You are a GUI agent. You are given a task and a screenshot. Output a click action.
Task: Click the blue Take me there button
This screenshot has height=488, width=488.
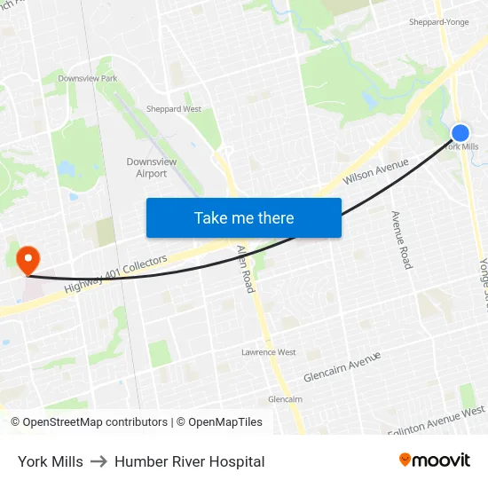(243, 217)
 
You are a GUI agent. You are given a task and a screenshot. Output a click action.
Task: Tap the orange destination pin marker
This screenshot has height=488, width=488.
(28, 258)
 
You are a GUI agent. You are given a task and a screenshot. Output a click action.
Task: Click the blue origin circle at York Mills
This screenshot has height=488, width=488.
(460, 133)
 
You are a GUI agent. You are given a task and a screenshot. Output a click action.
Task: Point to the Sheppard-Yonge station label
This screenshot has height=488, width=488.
(437, 21)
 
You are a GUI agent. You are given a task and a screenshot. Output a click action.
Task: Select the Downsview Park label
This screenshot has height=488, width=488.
(87, 78)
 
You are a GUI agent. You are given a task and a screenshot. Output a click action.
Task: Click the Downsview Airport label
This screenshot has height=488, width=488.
(146, 168)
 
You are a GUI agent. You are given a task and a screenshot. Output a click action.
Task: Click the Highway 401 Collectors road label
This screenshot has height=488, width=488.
(115, 275)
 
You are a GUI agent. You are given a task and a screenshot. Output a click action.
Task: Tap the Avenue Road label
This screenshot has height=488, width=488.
(401, 240)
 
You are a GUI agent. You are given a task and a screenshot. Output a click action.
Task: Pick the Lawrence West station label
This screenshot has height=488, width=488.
(268, 352)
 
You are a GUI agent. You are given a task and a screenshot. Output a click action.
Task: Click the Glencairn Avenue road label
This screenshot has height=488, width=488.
(342, 366)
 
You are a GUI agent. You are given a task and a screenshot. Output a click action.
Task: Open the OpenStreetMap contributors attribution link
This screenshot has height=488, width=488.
(89, 422)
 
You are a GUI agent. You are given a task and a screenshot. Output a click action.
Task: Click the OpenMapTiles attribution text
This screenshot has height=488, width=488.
(219, 422)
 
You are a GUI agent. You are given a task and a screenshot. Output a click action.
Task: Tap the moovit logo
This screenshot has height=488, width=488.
(434, 460)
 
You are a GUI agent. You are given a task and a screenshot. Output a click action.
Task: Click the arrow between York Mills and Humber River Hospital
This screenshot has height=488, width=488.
(98, 461)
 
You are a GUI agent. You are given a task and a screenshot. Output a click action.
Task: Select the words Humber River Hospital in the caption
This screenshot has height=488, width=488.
(189, 461)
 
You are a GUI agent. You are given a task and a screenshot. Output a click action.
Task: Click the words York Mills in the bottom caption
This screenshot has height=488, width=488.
(51, 461)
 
